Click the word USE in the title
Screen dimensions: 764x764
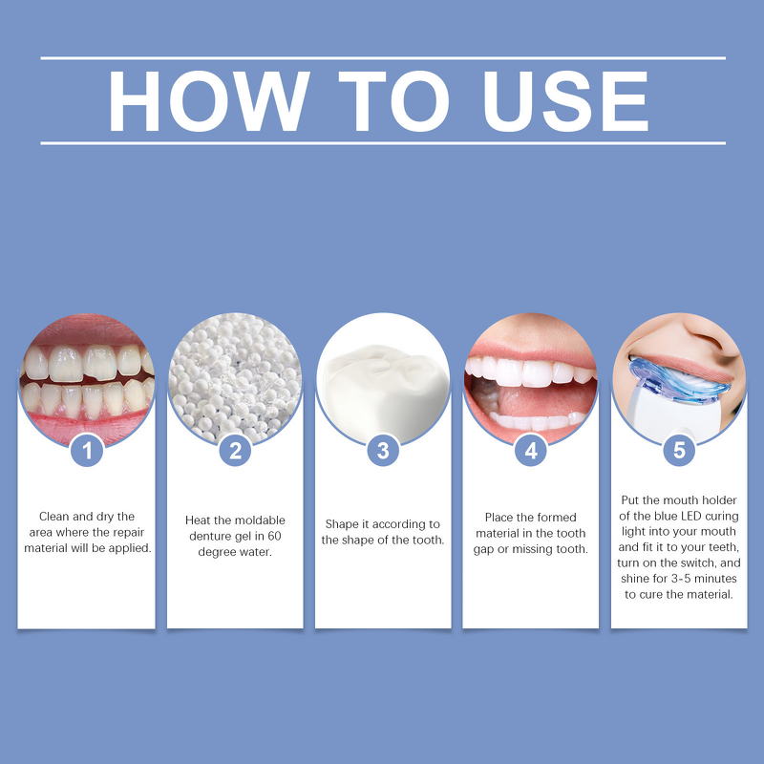[x=566, y=101]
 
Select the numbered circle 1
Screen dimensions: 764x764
[x=87, y=450]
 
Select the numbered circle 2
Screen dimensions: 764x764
[x=235, y=450]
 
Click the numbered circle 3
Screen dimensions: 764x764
[x=383, y=450]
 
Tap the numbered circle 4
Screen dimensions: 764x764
[x=531, y=450]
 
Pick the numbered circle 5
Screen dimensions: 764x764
[x=679, y=450]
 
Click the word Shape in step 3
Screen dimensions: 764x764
[x=342, y=524]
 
